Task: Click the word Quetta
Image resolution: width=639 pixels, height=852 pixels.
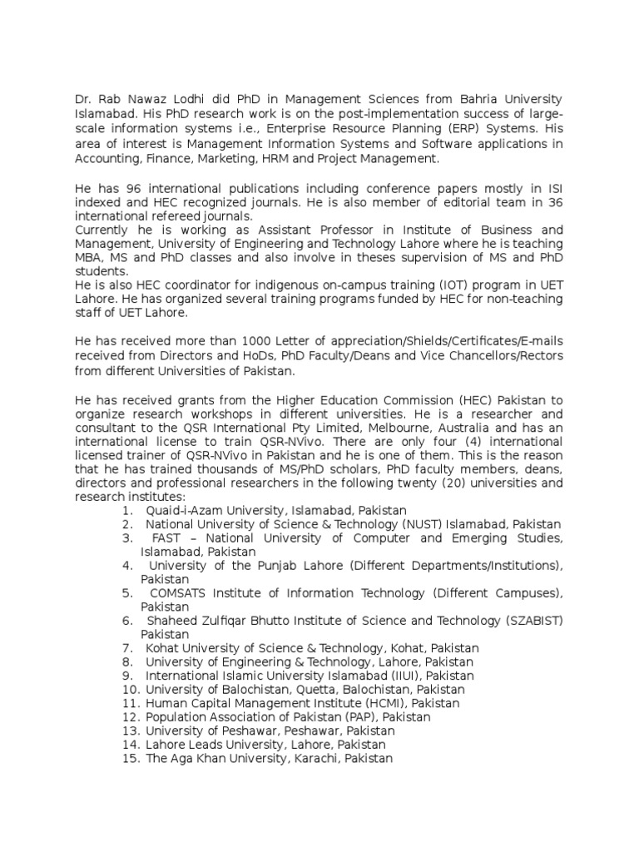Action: point(295,690)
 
